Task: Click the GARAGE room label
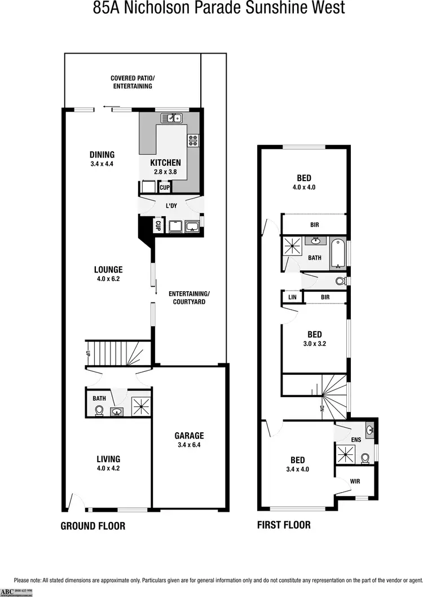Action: [x=189, y=436]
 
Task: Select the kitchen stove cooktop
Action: [x=194, y=139]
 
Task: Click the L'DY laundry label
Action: [x=172, y=206]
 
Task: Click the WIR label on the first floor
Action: [x=354, y=481]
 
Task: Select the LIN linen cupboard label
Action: [x=292, y=297]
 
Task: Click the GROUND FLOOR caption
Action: [x=93, y=526]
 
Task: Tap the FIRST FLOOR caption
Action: [x=284, y=525]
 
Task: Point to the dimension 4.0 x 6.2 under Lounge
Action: [x=109, y=279]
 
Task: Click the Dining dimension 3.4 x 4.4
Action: [x=102, y=164]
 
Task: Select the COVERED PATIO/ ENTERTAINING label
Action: [x=131, y=82]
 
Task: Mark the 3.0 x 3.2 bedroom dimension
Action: [x=314, y=344]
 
